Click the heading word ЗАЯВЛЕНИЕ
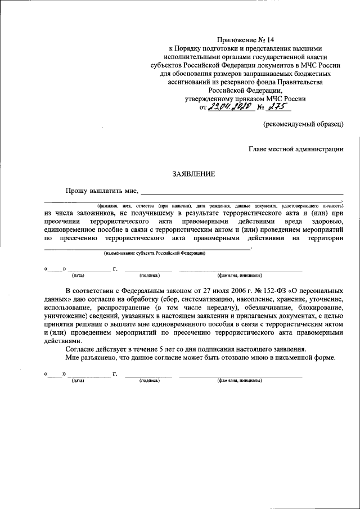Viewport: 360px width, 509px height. tap(193, 174)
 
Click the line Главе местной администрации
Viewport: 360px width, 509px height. tap(296, 149)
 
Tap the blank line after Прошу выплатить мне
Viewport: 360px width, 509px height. tap(242, 193)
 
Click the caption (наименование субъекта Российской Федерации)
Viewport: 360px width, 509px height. tap(155, 254)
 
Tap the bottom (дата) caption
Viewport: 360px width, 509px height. tap(78, 381)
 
